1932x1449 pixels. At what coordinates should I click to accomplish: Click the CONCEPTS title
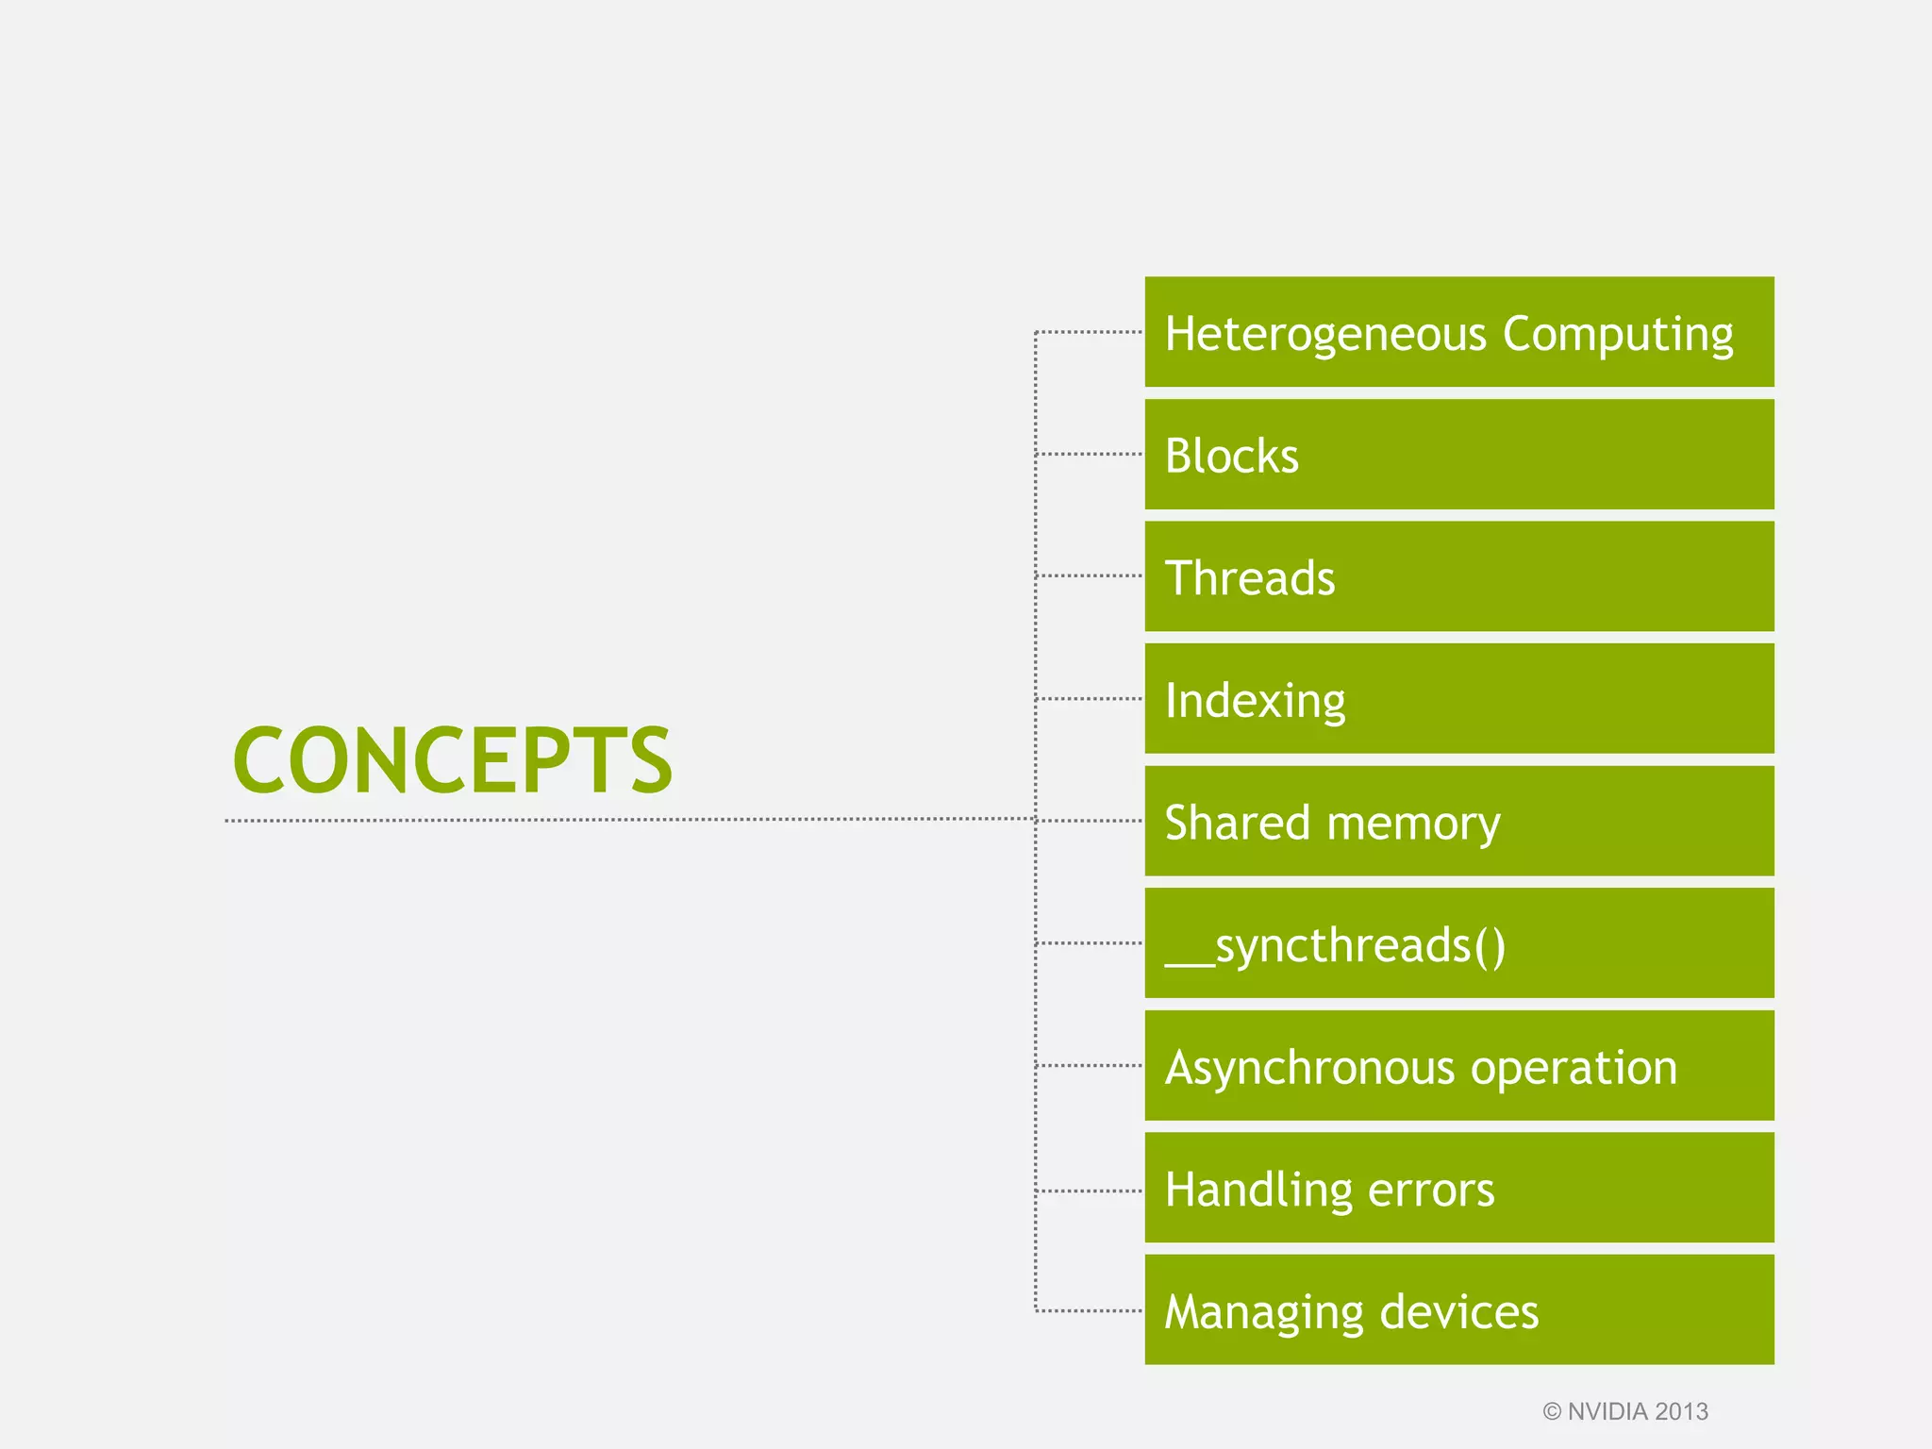tap(452, 760)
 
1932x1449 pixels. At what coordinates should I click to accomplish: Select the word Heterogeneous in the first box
tap(1325, 335)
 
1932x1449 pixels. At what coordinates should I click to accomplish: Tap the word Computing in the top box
tap(1618, 335)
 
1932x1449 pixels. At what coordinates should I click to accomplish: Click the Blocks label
tap(1231, 457)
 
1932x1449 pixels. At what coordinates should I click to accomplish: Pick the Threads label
tap(1250, 578)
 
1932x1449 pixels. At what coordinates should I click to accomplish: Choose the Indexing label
tap(1255, 701)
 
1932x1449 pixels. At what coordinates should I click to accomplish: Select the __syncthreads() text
tap(1335, 945)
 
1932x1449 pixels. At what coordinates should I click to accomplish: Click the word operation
tap(1574, 1069)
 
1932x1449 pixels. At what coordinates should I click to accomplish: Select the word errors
tap(1431, 1191)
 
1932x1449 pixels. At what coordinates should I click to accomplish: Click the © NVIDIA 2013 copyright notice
tap(1625, 1411)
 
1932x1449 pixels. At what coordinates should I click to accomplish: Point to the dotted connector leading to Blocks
tap(1090, 454)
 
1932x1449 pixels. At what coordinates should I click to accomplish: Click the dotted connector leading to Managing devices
tap(1090, 1310)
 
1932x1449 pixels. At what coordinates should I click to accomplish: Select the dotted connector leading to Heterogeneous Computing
tap(1090, 332)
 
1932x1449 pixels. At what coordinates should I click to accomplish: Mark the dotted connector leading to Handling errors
tap(1090, 1191)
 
